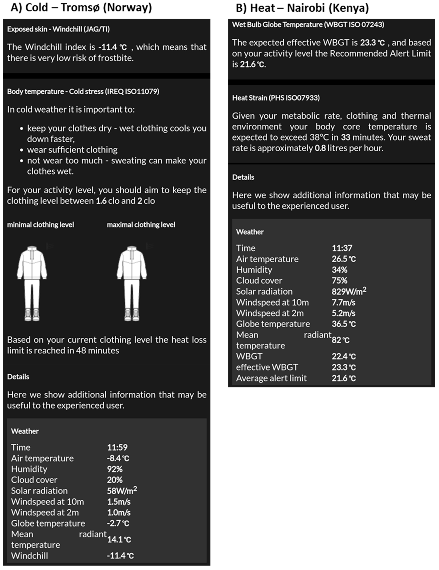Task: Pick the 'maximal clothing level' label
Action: tap(141, 225)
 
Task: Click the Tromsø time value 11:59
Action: tap(117, 447)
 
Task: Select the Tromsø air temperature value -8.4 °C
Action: tap(118, 458)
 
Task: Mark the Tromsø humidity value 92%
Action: tap(115, 469)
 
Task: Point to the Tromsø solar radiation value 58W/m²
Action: tap(122, 491)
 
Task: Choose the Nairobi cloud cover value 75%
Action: tap(340, 281)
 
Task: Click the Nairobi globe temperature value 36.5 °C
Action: tap(344, 324)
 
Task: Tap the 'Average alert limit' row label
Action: tap(271, 378)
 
